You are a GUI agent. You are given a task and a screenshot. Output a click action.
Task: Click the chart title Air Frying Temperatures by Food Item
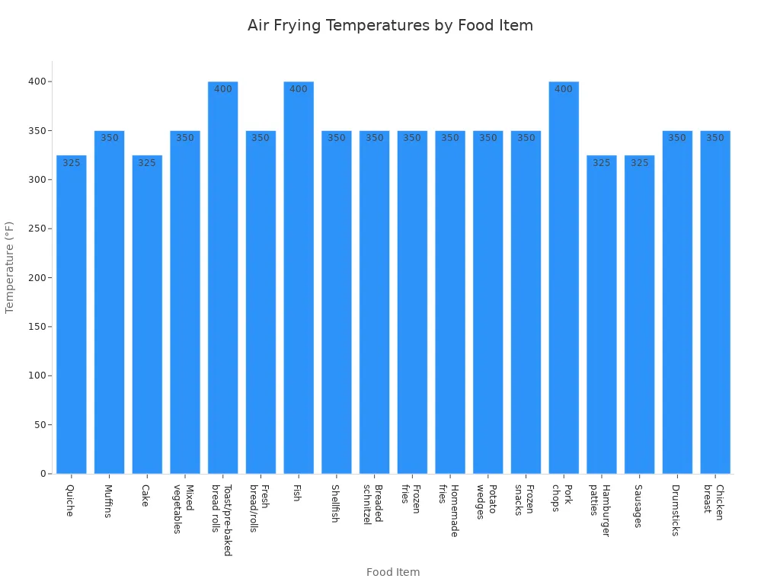coord(390,25)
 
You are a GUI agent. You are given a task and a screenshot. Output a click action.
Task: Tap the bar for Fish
coord(299,277)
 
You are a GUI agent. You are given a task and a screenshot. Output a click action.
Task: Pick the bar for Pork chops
coord(564,277)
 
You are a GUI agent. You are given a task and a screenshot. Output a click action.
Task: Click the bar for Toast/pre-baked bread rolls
coord(222,277)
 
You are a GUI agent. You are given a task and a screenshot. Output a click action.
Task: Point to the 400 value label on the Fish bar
coord(299,89)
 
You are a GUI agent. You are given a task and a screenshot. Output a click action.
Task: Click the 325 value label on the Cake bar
coord(147,163)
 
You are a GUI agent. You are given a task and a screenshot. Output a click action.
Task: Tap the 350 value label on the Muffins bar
coord(110,138)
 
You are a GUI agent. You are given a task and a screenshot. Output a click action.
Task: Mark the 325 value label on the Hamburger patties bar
coord(602,163)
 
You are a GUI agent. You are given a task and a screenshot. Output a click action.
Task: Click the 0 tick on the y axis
coord(44,474)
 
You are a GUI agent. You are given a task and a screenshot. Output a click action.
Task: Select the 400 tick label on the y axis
coord(39,82)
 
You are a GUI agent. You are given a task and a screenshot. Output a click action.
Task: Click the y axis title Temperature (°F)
coord(10,267)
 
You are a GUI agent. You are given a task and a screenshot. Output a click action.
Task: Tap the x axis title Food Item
coord(393,572)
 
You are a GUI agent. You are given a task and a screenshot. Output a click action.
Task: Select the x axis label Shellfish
coord(335,503)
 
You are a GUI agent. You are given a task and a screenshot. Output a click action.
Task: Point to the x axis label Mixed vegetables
coord(184,508)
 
